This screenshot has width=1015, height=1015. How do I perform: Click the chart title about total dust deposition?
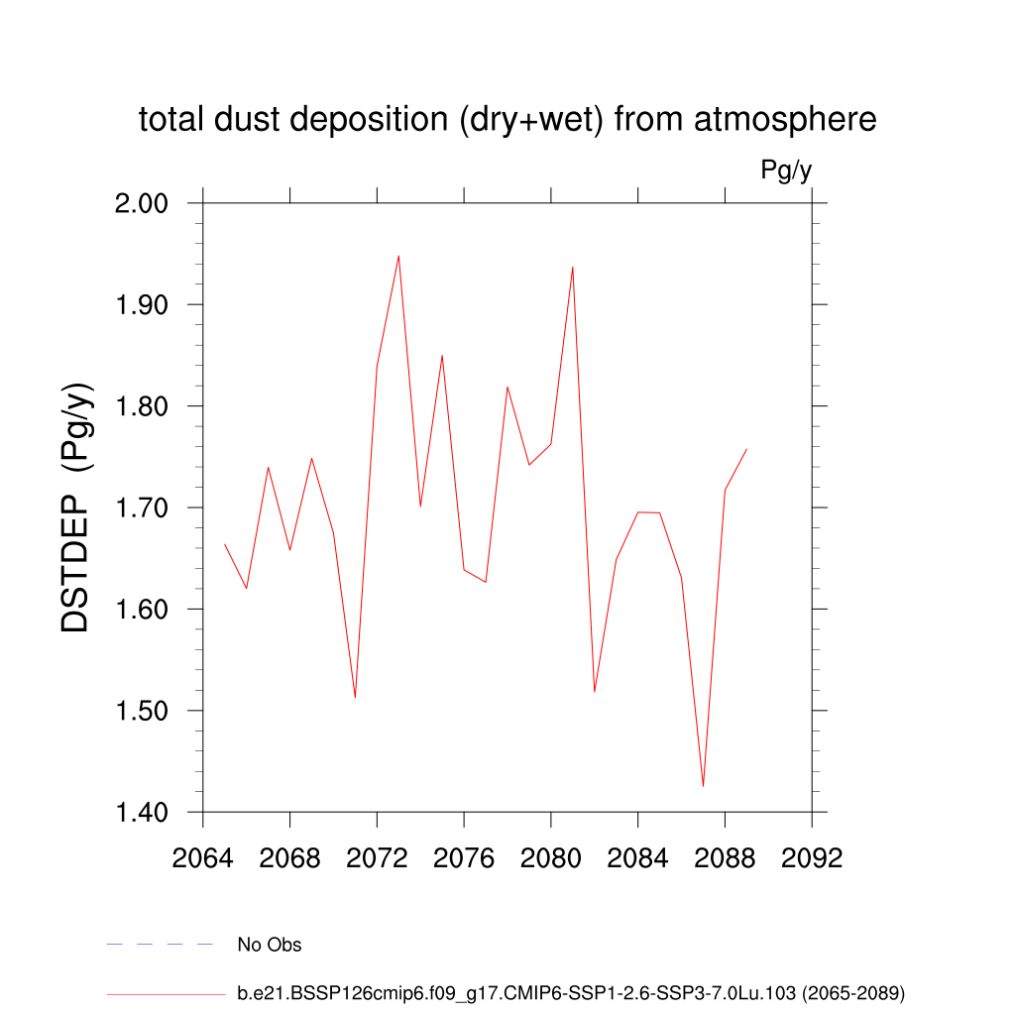coord(507,120)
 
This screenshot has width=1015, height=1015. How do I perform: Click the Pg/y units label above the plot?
coord(786,170)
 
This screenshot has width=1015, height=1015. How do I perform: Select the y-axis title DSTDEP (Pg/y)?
coord(76,507)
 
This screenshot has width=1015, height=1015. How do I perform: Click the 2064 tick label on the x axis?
coord(202,858)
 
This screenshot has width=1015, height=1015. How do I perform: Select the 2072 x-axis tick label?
coord(377,858)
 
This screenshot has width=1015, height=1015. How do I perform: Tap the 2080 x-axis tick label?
coord(551,858)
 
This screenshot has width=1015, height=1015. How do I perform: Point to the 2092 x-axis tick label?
coord(812,858)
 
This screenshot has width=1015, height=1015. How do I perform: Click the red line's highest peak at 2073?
coord(398,256)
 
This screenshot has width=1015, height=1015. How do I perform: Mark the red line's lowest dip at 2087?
coord(703,786)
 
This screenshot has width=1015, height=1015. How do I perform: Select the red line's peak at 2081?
coord(573,267)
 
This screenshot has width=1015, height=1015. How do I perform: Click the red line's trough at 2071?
coord(355,697)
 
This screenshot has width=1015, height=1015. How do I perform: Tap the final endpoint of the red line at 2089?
coord(746,449)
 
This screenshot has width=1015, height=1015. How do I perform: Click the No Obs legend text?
coord(269,945)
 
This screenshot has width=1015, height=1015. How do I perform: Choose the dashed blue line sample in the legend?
coord(161,945)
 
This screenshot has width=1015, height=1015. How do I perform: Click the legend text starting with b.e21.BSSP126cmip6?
coord(571,992)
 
